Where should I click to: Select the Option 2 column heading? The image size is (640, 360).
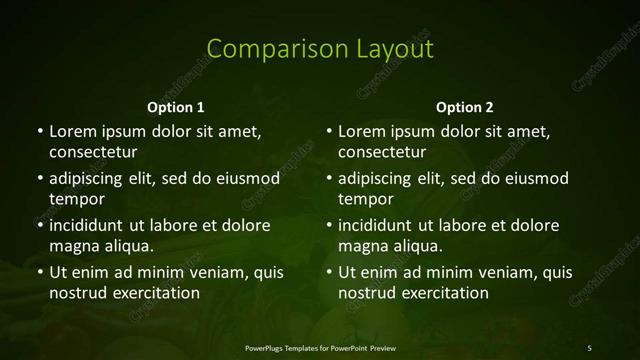coord(465,107)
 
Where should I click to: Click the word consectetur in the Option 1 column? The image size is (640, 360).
coord(93,152)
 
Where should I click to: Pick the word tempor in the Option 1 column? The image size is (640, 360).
coord(73,199)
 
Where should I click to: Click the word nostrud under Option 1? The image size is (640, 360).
coord(77,293)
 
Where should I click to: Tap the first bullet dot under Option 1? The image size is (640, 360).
coord(40,131)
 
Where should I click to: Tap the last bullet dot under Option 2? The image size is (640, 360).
coord(330,272)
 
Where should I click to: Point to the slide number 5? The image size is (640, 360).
coord(590,347)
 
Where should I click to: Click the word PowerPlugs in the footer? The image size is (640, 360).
coord(266,347)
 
